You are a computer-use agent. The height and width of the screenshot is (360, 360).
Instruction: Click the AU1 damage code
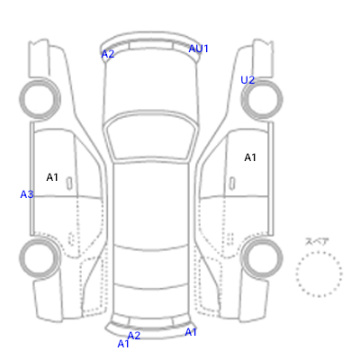(198, 49)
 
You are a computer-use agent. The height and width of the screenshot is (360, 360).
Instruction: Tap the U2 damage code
(247, 80)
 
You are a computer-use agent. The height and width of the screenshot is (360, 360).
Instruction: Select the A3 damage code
(27, 194)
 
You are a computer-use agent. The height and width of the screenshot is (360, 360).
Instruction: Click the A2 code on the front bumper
(108, 54)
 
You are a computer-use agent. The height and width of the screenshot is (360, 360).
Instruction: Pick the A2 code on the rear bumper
(134, 336)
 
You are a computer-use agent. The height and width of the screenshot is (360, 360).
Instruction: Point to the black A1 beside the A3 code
(52, 177)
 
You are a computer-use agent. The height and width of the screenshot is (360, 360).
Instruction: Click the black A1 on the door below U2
(250, 157)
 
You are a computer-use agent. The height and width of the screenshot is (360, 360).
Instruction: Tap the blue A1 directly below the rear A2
(123, 344)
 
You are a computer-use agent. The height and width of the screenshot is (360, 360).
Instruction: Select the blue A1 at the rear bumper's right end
(191, 332)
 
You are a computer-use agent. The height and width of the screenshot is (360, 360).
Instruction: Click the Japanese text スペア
(317, 241)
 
